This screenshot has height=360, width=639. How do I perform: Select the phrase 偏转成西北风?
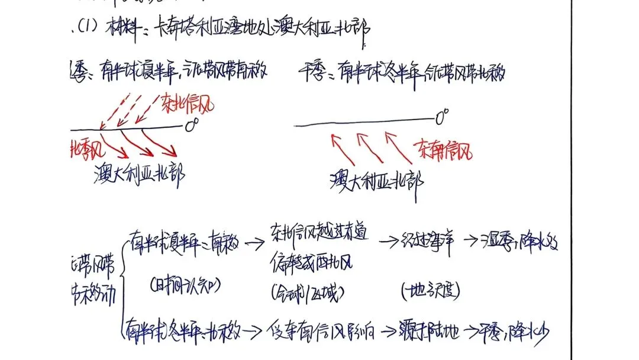312,261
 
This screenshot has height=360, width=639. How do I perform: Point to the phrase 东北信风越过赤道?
319,235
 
